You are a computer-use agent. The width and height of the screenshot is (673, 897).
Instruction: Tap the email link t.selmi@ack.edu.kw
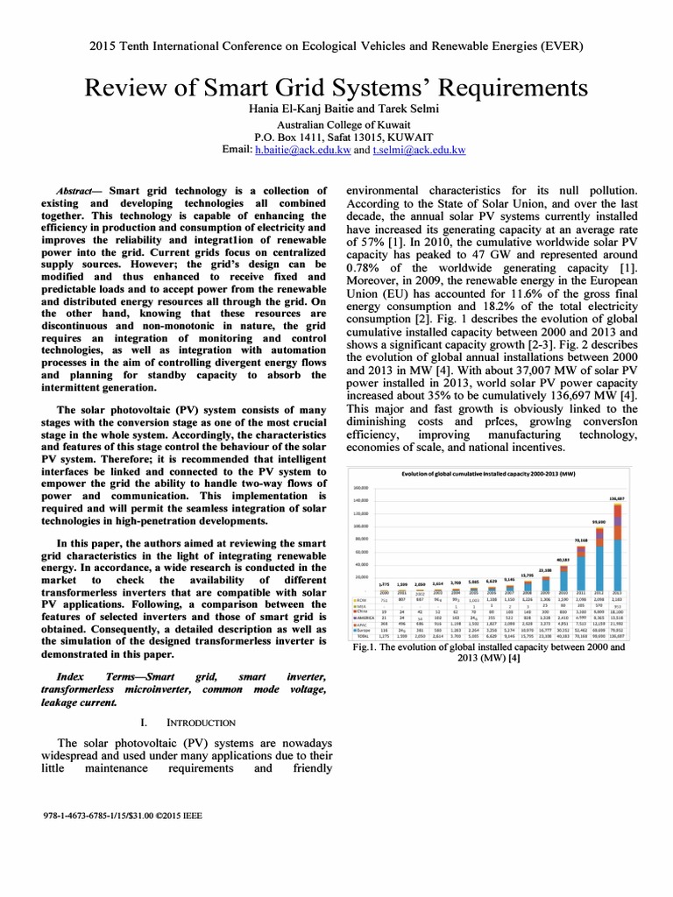point(417,151)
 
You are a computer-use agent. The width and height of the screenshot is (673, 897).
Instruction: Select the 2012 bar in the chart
point(599,558)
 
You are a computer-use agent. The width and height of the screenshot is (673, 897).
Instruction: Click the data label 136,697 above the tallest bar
point(618,498)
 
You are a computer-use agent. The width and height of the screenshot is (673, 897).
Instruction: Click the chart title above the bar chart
point(487,474)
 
